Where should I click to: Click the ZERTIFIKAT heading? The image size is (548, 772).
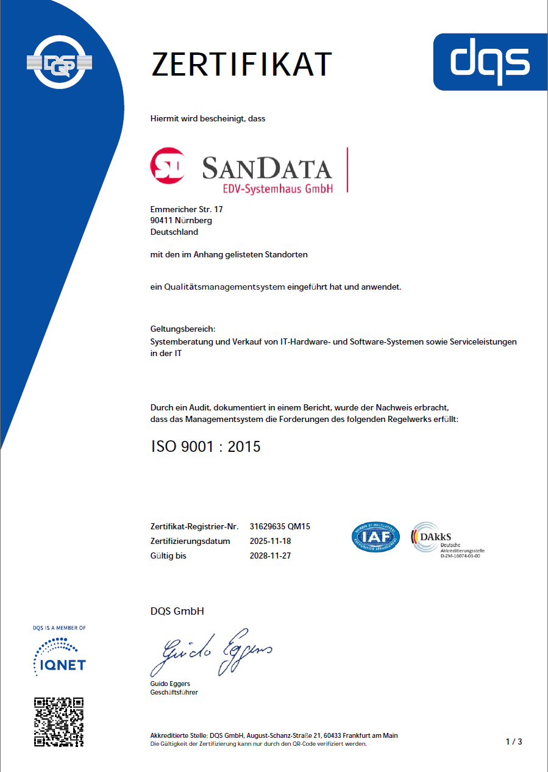coord(241,64)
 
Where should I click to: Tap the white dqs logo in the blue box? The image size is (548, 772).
coord(490,62)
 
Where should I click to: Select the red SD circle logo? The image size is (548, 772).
coord(168,165)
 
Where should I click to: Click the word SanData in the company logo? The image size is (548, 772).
coord(267,167)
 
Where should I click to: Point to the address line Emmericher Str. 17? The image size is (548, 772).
coord(187,209)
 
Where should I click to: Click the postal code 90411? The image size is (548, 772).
coord(162,221)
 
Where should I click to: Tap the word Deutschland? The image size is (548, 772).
coord(174,232)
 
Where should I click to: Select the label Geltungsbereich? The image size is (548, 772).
coord(182,329)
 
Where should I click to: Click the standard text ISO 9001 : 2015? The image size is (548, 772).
coord(205,446)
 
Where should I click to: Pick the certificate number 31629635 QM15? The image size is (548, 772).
coord(280,526)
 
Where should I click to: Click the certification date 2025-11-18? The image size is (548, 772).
coord(271,541)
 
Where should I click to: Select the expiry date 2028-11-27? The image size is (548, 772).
coord(271,556)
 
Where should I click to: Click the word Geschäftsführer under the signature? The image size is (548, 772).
coord(174,692)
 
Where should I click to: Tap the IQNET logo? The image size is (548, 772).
coord(59,656)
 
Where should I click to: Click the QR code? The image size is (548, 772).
coord(59,722)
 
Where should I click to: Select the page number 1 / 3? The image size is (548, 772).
coord(513,742)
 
